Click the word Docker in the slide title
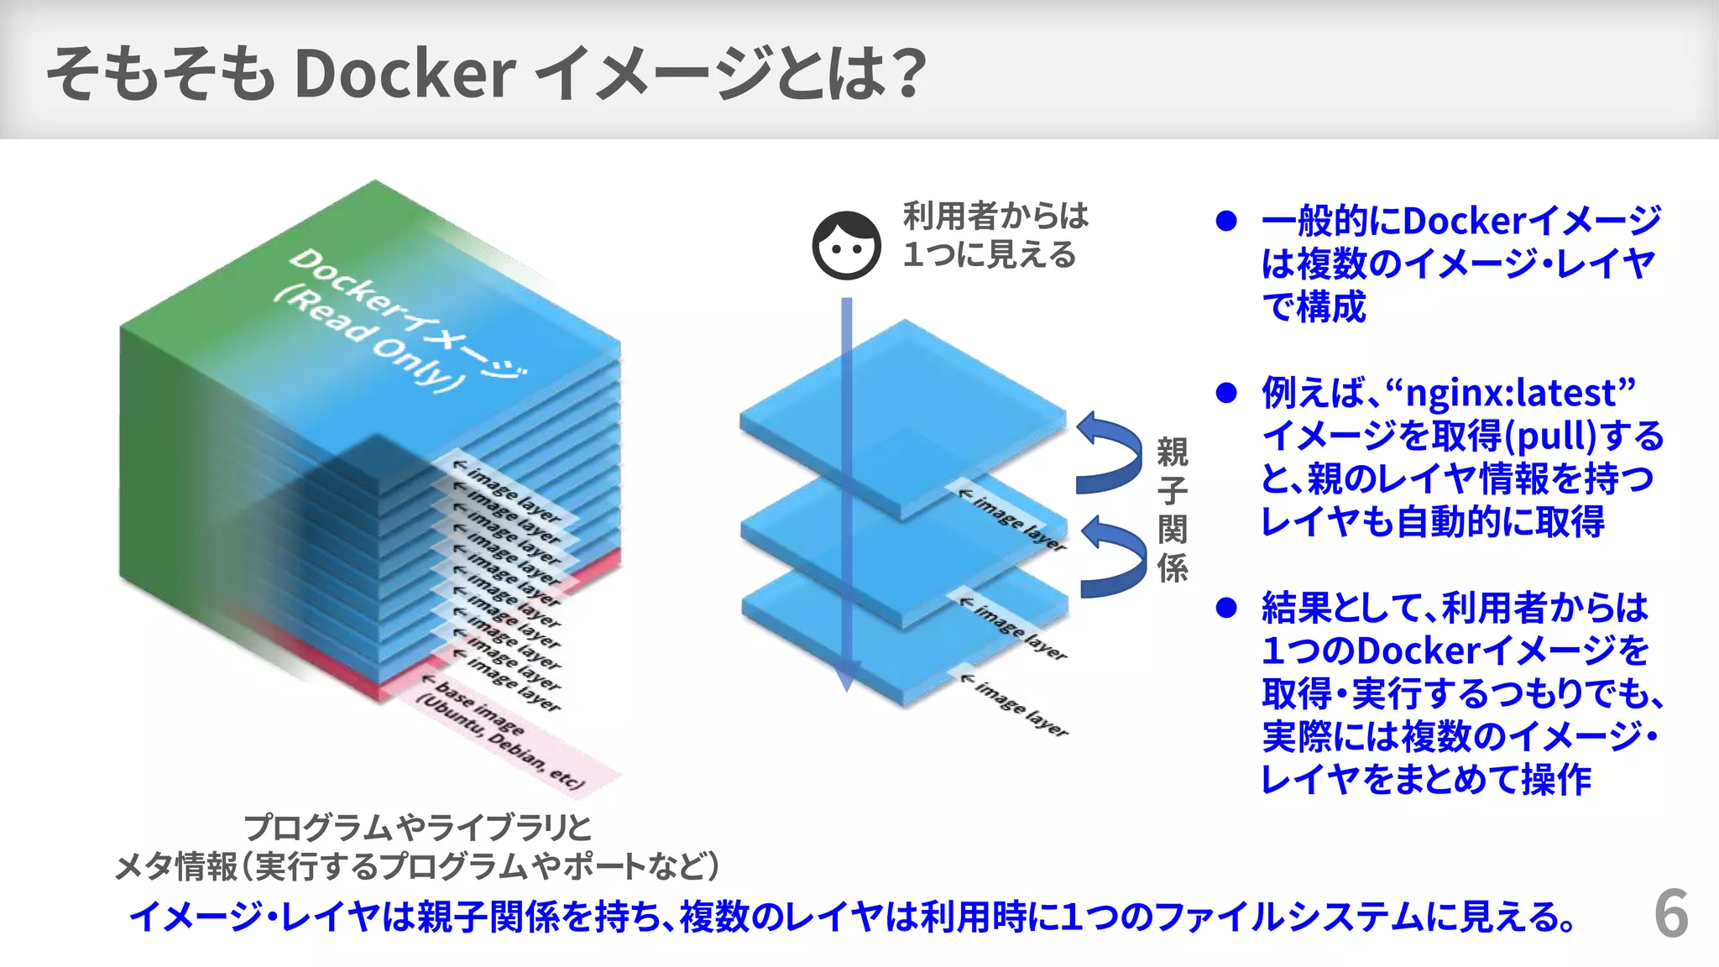(x=404, y=74)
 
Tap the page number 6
(x=1670, y=914)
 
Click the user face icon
(x=846, y=245)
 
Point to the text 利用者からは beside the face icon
(x=995, y=216)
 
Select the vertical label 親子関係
(x=1173, y=510)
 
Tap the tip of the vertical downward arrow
(x=847, y=683)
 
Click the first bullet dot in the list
(x=1226, y=221)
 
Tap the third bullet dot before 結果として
(x=1226, y=608)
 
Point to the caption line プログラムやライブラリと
(x=417, y=828)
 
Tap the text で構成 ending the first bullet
(x=1314, y=306)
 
